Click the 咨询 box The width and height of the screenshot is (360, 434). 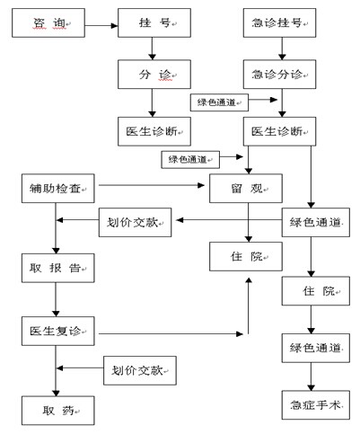click(48, 22)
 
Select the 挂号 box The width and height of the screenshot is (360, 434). click(154, 22)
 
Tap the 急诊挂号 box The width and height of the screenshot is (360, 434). click(279, 22)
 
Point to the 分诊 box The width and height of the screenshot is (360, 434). click(154, 75)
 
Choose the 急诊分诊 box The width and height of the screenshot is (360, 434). click(279, 75)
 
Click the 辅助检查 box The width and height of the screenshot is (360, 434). click(58, 189)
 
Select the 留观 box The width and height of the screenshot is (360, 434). click(246, 189)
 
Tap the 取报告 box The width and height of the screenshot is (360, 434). click(58, 268)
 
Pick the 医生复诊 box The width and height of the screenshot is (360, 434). click(58, 331)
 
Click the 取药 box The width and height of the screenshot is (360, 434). click(58, 411)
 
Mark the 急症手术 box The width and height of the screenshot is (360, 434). click(316, 405)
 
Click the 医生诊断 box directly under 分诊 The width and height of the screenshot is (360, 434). click(154, 131)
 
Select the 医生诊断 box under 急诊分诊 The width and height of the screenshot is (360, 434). click(279, 131)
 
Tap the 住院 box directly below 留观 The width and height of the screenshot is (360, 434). click(246, 257)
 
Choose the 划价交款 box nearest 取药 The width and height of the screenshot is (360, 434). click(140, 370)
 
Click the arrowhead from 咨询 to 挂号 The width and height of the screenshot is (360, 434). click(114, 26)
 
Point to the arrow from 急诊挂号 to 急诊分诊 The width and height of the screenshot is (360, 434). click(282, 49)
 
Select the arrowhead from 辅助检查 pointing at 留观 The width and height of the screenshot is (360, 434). click(201, 185)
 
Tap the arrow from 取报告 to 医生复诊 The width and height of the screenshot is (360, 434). click(56, 299)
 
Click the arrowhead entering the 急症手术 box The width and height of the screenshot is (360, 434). click(311, 387)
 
